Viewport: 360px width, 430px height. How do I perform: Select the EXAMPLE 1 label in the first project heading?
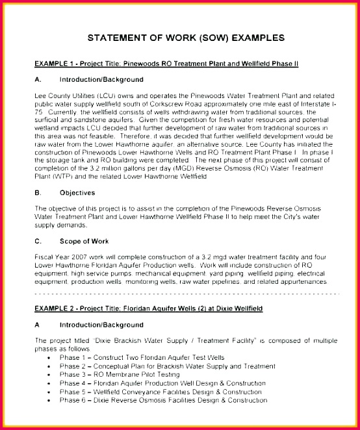pyautogui.click(x=57, y=63)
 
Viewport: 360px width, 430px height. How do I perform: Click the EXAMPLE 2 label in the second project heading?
pyautogui.click(x=57, y=305)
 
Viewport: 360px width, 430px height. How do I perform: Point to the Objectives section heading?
pyautogui.click(x=77, y=193)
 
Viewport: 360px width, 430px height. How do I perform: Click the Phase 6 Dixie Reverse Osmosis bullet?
pyautogui.click(x=163, y=400)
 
